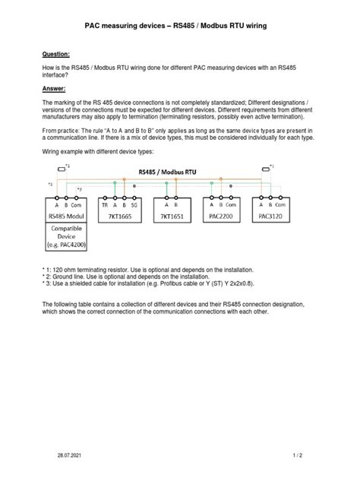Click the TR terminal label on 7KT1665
pyautogui.click(x=104, y=204)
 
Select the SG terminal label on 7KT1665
pyautogui.click(x=134, y=204)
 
